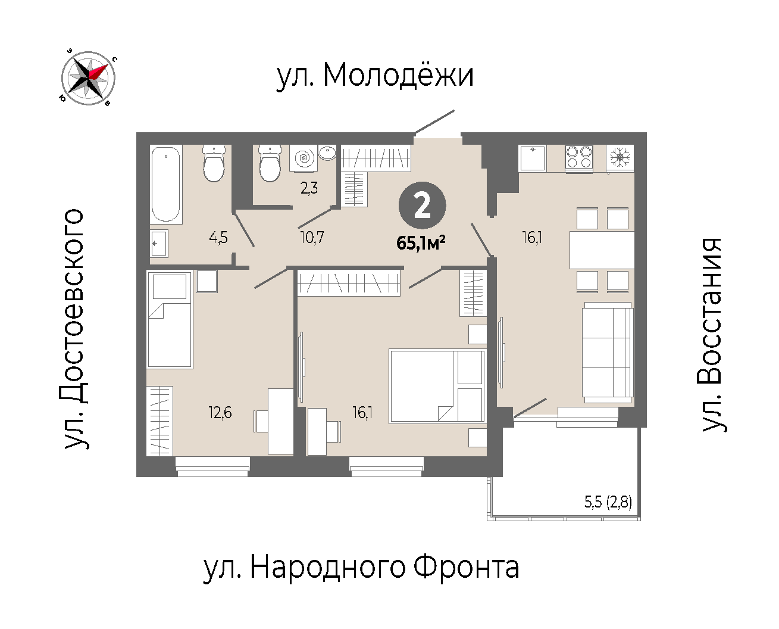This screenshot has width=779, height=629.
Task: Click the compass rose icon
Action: click(88, 78)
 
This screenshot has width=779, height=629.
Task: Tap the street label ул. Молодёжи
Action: click(375, 76)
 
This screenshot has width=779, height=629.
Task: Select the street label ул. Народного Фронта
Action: click(361, 568)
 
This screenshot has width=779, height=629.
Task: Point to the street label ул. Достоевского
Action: click(74, 329)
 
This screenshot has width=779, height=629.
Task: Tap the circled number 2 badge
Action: click(422, 205)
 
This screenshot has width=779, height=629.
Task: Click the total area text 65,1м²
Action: click(421, 243)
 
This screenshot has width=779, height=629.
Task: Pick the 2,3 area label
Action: click(309, 188)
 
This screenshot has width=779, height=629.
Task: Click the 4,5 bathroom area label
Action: click(218, 238)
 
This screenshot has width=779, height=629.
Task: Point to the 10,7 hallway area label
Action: click(312, 237)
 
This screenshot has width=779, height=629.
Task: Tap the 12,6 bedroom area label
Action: click(220, 413)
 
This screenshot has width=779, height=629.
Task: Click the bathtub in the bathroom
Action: click(166, 184)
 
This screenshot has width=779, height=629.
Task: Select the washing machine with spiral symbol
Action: click(304, 158)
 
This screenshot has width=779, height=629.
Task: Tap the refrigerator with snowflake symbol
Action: click(620, 158)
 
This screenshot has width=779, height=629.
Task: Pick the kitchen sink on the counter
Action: click(532, 158)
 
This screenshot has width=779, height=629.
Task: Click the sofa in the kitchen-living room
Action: click(608, 353)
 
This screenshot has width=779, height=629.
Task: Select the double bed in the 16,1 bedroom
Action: click(437, 386)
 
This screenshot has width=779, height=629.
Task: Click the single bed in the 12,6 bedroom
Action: click(170, 320)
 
